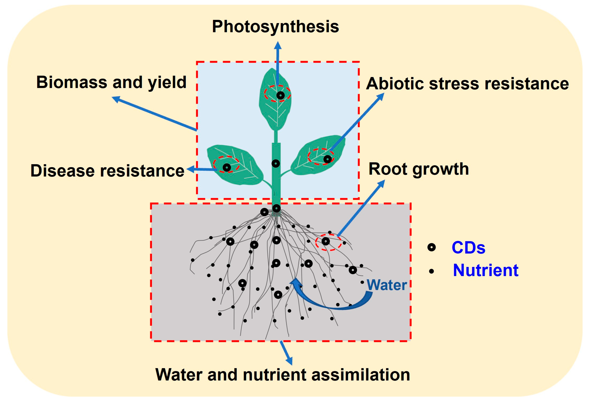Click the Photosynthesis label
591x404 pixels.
tap(275, 26)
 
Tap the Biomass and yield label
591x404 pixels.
tap(111, 82)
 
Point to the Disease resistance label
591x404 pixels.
tap(107, 170)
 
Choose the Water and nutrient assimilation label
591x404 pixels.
tap(283, 375)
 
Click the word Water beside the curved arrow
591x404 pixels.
tap(387, 285)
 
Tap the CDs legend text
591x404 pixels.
tap(468, 248)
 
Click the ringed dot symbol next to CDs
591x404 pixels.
tap(431, 247)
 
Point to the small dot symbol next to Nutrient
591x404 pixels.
tap(431, 271)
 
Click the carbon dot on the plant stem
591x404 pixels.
tap(276, 163)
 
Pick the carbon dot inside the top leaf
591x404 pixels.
tap(280, 95)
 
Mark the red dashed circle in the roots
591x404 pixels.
tap(328, 242)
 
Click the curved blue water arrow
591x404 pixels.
tap(331, 303)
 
